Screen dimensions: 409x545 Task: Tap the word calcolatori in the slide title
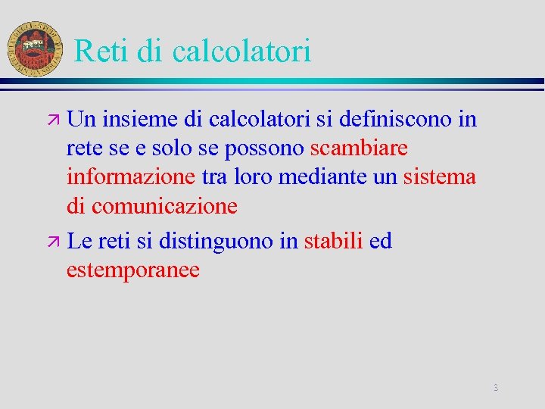pos(241,52)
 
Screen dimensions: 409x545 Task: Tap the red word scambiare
pos(359,148)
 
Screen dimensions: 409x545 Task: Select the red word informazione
pos(131,176)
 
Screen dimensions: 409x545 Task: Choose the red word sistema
pos(439,176)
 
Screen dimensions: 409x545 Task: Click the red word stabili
pos(334,242)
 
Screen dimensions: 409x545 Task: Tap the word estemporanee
pos(133,270)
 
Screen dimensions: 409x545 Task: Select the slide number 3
pos(496,388)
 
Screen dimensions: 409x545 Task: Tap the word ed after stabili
pos(381,242)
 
